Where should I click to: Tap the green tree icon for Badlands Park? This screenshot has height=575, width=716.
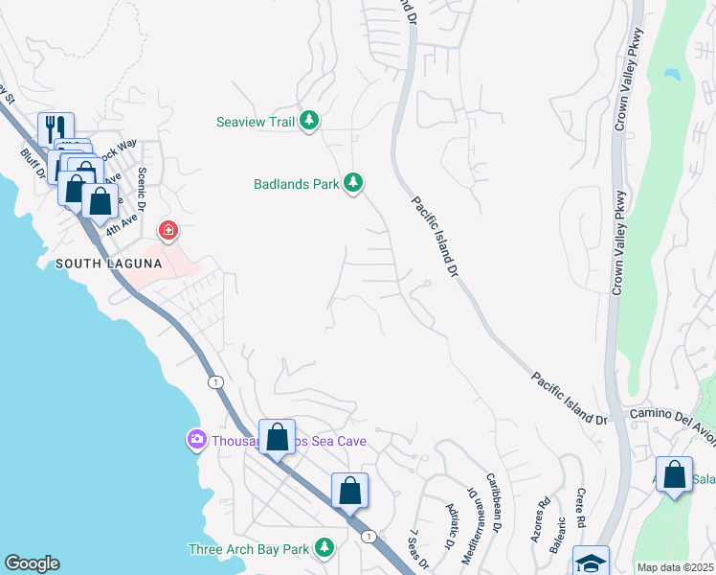pos(353,182)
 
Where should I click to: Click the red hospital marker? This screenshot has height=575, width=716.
pos(168,230)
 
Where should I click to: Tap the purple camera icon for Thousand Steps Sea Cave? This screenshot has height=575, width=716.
pos(196,439)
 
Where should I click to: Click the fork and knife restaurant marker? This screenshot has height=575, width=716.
pos(53,127)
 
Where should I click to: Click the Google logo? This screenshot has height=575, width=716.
pos(32,563)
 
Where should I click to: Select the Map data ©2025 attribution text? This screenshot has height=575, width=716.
pos(674,567)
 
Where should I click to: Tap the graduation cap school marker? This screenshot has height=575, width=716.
pos(590,562)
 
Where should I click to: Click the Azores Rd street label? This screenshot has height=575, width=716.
pos(543,517)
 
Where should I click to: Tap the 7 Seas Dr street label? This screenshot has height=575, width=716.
pos(415,548)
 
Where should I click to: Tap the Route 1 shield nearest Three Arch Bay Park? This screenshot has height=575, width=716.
pos(368,537)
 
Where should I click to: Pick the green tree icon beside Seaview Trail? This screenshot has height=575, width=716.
pos(308,121)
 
